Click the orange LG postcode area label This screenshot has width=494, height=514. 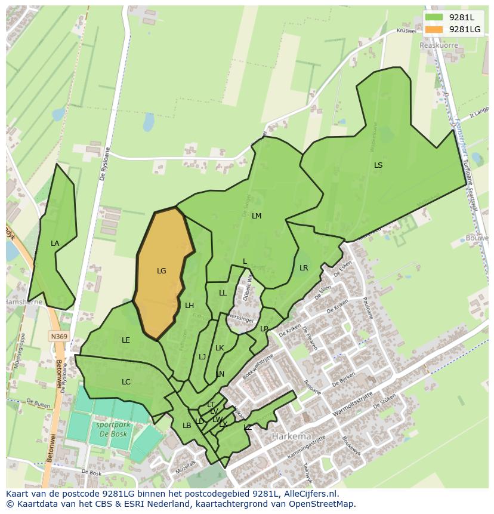161,271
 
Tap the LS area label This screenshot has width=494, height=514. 378,165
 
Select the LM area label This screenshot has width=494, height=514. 257,216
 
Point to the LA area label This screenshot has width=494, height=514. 55,244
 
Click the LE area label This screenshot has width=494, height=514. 126,340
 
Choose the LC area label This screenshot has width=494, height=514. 126,382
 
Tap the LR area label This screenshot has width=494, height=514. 304,268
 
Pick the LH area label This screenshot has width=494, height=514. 189,306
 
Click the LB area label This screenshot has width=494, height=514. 187,425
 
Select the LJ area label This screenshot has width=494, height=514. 202,357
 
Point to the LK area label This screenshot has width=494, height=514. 220,348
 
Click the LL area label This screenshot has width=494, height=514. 223,293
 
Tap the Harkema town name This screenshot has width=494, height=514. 291,436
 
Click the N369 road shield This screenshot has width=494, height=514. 58,337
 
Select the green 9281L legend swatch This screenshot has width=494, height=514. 434,17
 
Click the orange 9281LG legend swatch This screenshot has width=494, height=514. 434,29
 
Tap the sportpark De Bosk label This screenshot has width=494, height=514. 111,430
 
